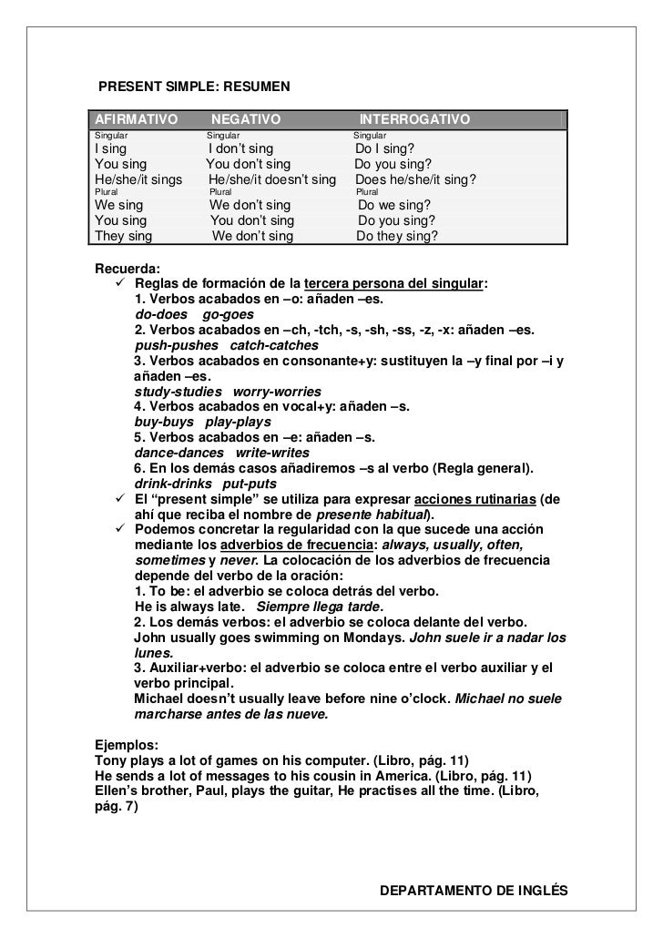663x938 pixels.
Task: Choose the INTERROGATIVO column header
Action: (x=414, y=120)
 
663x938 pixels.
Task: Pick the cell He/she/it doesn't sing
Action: (x=272, y=180)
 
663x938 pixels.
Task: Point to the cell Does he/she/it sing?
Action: (x=415, y=180)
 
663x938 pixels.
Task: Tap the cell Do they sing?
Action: (x=397, y=236)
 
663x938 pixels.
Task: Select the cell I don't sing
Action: (x=240, y=149)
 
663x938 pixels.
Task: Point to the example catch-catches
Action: (x=274, y=345)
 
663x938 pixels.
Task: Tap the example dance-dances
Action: (x=178, y=453)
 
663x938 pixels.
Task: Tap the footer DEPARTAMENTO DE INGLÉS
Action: (x=473, y=888)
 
